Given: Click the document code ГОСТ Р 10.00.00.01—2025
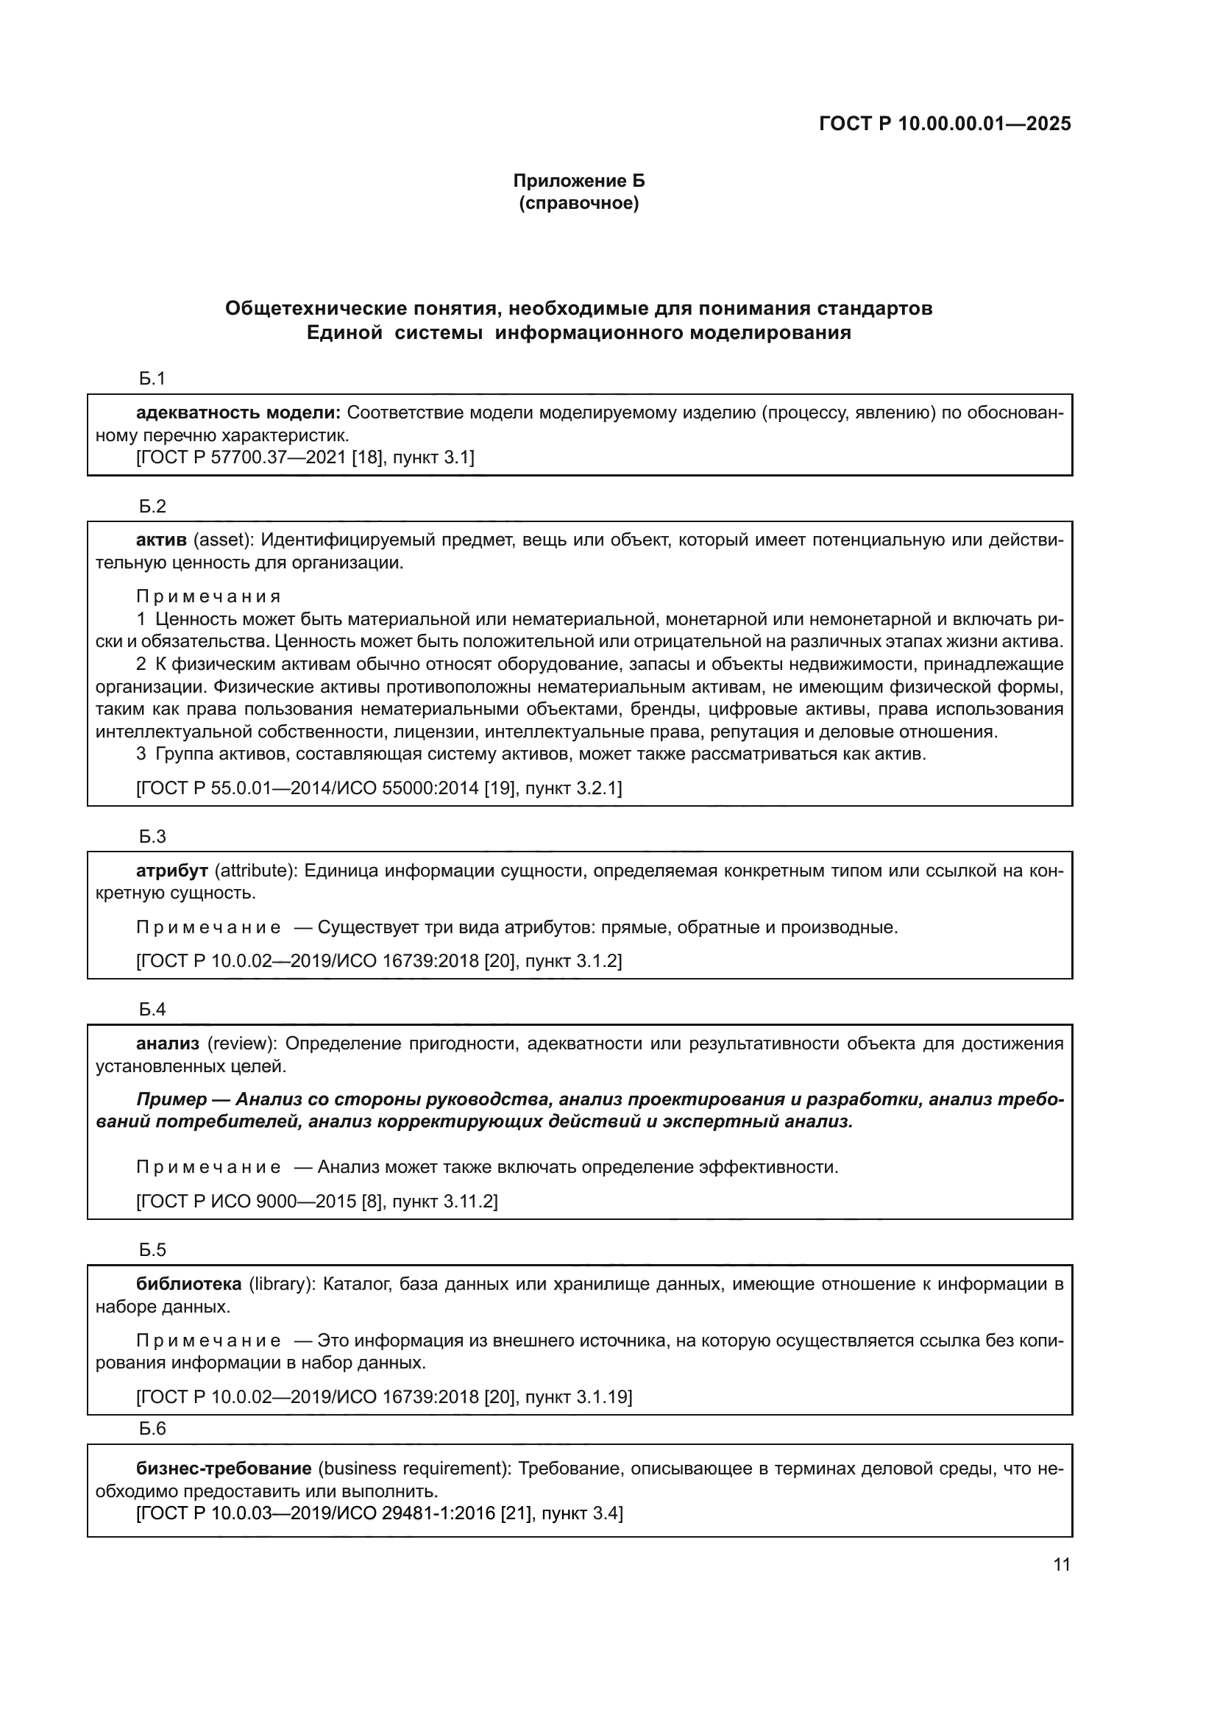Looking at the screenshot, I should [944, 124].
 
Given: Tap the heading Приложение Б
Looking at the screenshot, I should [578, 181].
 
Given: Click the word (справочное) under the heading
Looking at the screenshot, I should [578, 204].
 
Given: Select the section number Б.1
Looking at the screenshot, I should [152, 379].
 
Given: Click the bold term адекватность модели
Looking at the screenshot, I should [238, 413].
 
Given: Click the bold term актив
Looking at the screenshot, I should [161, 540].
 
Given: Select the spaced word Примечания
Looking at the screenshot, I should [208, 596].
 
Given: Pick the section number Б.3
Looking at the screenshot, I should [152, 837].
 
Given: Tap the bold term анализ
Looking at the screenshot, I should [167, 1043].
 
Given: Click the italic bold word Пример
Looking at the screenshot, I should [171, 1099].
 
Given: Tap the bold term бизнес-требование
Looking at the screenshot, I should [224, 1469].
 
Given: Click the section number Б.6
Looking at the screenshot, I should [152, 1429].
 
